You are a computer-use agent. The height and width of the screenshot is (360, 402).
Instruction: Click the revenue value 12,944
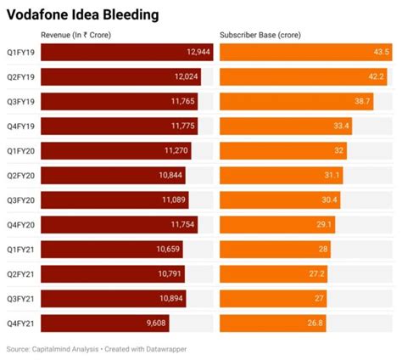(x=195, y=53)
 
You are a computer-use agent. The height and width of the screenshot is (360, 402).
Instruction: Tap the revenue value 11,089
(x=172, y=200)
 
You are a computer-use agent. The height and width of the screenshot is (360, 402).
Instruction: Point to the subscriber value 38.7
(x=362, y=102)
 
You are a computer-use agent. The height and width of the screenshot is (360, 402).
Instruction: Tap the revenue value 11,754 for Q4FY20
(x=181, y=225)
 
